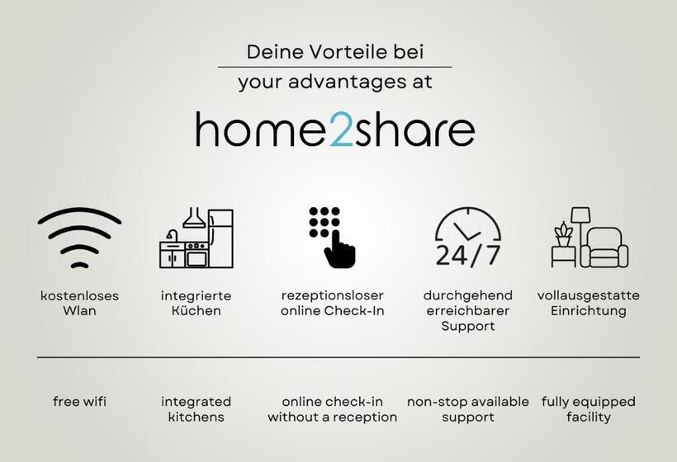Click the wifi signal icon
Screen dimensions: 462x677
point(79,237)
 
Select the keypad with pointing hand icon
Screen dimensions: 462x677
point(332,237)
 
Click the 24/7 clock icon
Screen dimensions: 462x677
point(467,238)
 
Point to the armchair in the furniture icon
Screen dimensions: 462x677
point(605,247)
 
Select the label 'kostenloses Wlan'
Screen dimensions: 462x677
point(79,303)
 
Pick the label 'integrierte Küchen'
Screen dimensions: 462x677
point(196,303)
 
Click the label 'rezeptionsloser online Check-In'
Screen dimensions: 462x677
point(332,303)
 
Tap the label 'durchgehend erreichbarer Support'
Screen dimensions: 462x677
point(467,310)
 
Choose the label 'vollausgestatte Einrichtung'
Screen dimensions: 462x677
point(588,303)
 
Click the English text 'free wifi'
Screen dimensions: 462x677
point(79,402)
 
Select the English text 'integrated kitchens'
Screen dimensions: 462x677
point(196,409)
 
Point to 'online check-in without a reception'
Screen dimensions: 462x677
point(332,409)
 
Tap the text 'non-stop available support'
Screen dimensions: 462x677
point(467,409)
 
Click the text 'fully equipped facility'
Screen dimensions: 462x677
point(588,409)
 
